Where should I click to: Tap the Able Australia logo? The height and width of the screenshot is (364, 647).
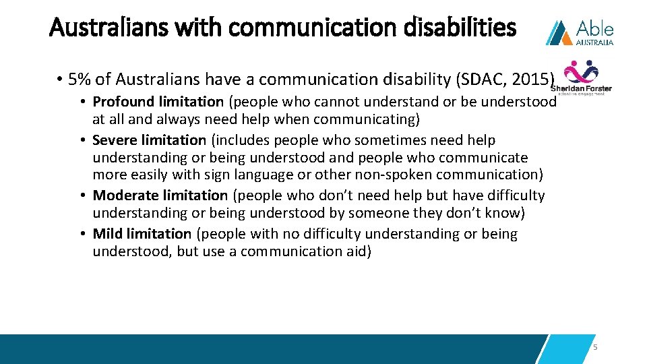[580, 32]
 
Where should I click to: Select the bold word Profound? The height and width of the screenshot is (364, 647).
[123, 102]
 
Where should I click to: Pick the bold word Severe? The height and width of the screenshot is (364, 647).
[115, 140]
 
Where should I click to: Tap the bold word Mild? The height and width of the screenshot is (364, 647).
[107, 234]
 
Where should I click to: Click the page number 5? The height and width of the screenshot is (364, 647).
[595, 348]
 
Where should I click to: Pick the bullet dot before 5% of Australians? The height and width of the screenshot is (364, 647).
[60, 80]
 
